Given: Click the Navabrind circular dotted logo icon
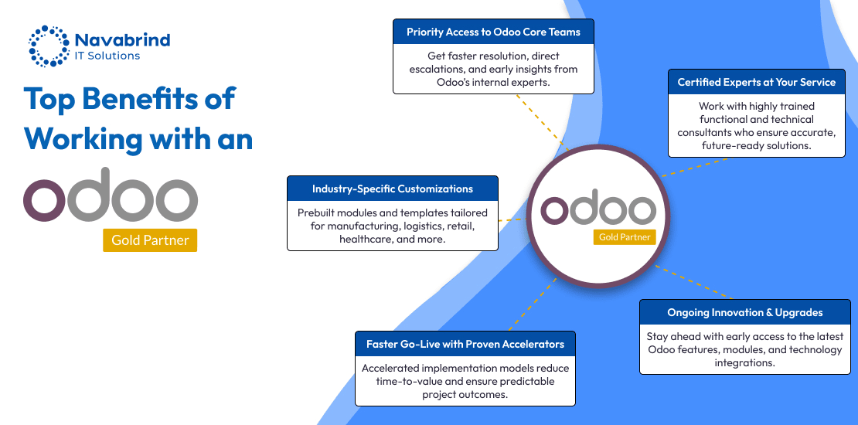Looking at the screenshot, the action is pyautogui.click(x=49, y=46).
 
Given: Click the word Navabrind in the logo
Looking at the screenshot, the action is pyautogui.click(x=122, y=39).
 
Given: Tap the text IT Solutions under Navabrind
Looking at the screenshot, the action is pyautogui.click(x=107, y=56).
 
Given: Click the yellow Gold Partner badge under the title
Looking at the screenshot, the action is pyautogui.click(x=150, y=240).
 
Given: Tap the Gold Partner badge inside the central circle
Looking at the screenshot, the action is pyautogui.click(x=625, y=236).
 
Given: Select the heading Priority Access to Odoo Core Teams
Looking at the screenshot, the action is pyautogui.click(x=493, y=32).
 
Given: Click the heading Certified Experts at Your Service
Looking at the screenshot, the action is pyautogui.click(x=756, y=82).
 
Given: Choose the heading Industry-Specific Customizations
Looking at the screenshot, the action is pyautogui.click(x=393, y=189).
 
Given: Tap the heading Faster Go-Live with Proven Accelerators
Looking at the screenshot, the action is pyautogui.click(x=465, y=344).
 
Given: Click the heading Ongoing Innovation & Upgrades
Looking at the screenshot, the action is pyautogui.click(x=744, y=312).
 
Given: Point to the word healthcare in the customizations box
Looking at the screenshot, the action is pyautogui.click(x=364, y=239).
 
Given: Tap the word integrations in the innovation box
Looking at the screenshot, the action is pyautogui.click(x=744, y=362).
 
